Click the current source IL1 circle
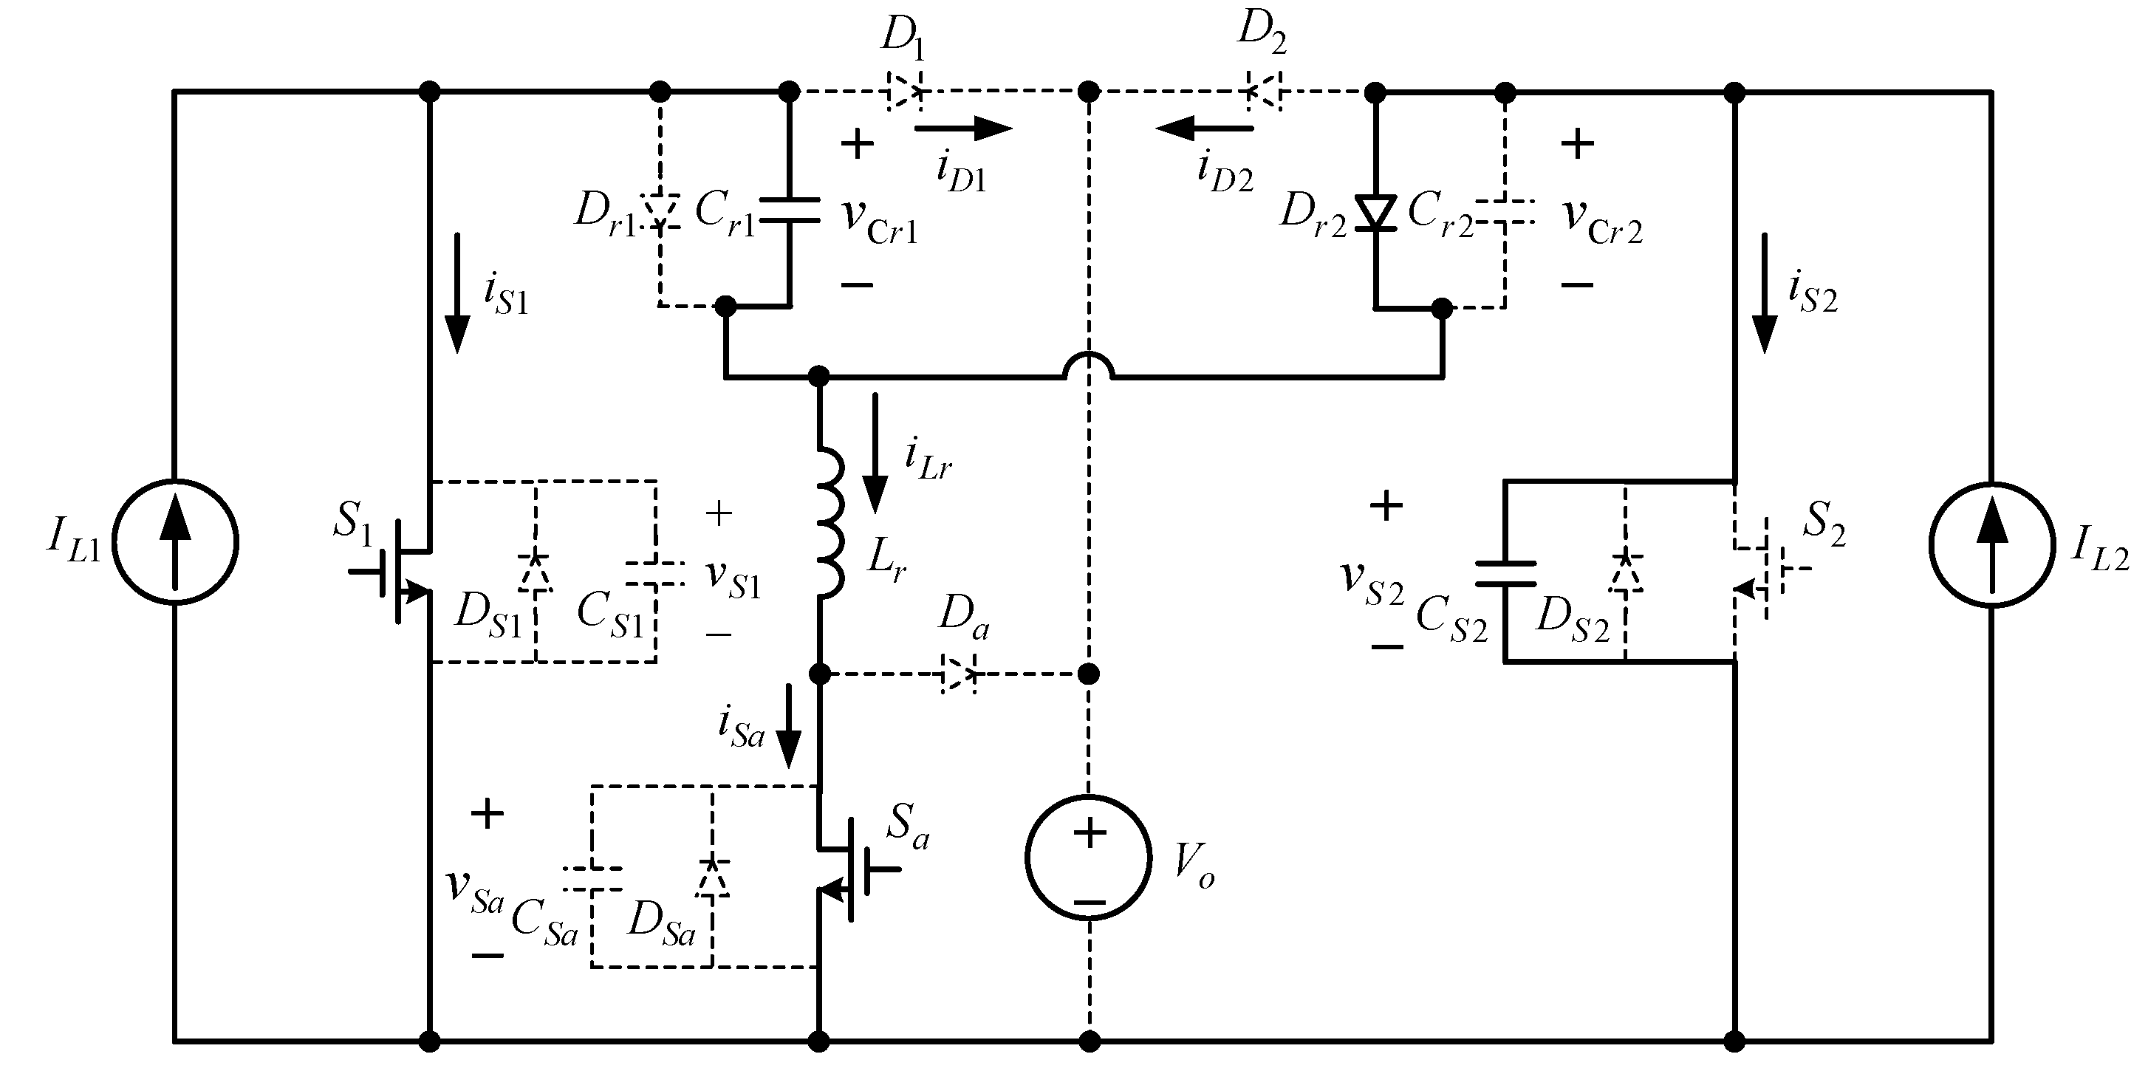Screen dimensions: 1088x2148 tap(175, 543)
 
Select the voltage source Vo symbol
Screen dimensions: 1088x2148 tap(1088, 858)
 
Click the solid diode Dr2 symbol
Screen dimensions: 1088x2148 tap(1375, 213)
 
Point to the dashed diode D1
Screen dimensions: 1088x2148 tap(905, 91)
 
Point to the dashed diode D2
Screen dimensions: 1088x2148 tap(1264, 91)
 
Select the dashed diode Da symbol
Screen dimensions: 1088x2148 tap(959, 673)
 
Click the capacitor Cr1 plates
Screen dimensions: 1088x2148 tap(790, 210)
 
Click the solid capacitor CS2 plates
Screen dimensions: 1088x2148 tap(1505, 574)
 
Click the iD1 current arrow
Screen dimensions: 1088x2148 tap(963, 129)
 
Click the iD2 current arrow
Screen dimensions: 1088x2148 tap(1204, 129)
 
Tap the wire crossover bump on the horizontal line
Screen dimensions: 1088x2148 tap(1089, 367)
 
